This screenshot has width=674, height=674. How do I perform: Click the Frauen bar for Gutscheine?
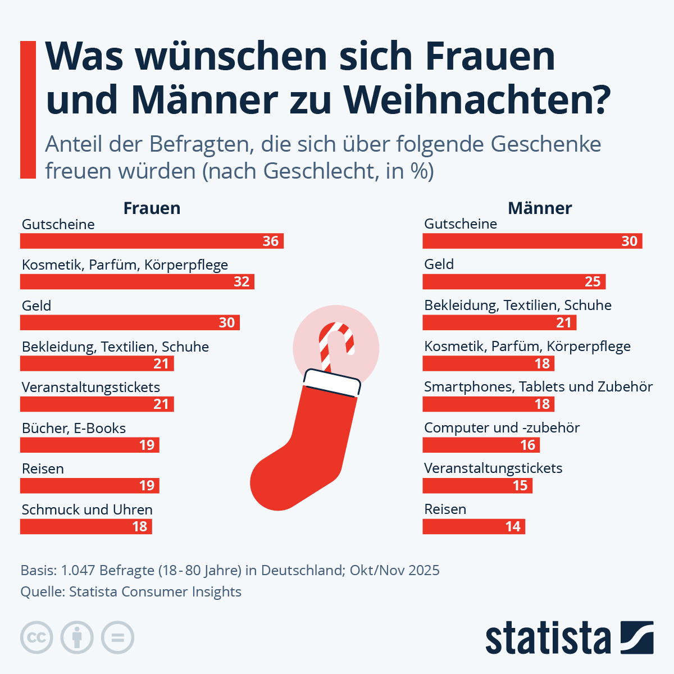pyautogui.click(x=152, y=241)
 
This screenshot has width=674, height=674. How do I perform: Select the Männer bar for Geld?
pyautogui.click(x=514, y=281)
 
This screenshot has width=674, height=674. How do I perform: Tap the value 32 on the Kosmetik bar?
pyautogui.click(x=242, y=281)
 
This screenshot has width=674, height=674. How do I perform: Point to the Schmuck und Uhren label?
pyautogui.click(x=87, y=509)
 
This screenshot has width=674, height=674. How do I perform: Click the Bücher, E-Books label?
pyautogui.click(x=74, y=428)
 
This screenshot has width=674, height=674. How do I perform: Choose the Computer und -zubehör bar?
pyautogui.click(x=481, y=445)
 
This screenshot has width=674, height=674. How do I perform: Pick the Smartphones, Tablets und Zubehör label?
pyautogui.click(x=538, y=387)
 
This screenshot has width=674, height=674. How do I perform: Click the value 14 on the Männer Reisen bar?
pyautogui.click(x=513, y=526)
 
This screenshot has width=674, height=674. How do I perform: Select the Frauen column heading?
pyautogui.click(x=152, y=208)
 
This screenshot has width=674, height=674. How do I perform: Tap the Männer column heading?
pyautogui.click(x=540, y=208)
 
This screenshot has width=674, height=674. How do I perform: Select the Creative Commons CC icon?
pyautogui.click(x=37, y=637)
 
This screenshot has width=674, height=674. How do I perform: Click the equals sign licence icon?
pyautogui.click(x=117, y=637)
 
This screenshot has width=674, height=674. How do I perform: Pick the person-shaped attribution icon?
pyautogui.click(x=77, y=637)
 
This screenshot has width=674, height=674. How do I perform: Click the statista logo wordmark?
pyautogui.click(x=548, y=637)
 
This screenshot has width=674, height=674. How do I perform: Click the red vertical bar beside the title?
pyautogui.click(x=28, y=110)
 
